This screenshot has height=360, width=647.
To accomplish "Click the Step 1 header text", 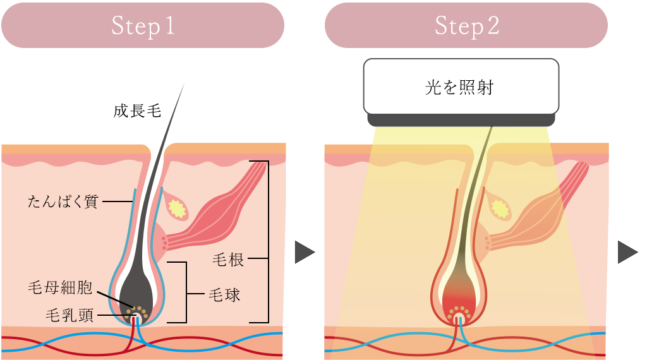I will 143,26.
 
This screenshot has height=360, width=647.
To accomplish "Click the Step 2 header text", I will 466,26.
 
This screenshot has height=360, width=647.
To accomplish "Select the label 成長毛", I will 137,112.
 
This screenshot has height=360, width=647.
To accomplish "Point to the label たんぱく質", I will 63,202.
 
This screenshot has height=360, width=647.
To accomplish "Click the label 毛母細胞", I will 61,289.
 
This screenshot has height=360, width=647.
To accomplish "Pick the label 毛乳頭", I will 70,315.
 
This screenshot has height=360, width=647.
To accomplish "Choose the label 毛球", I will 224,294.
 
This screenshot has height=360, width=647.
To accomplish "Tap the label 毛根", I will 229,260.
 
